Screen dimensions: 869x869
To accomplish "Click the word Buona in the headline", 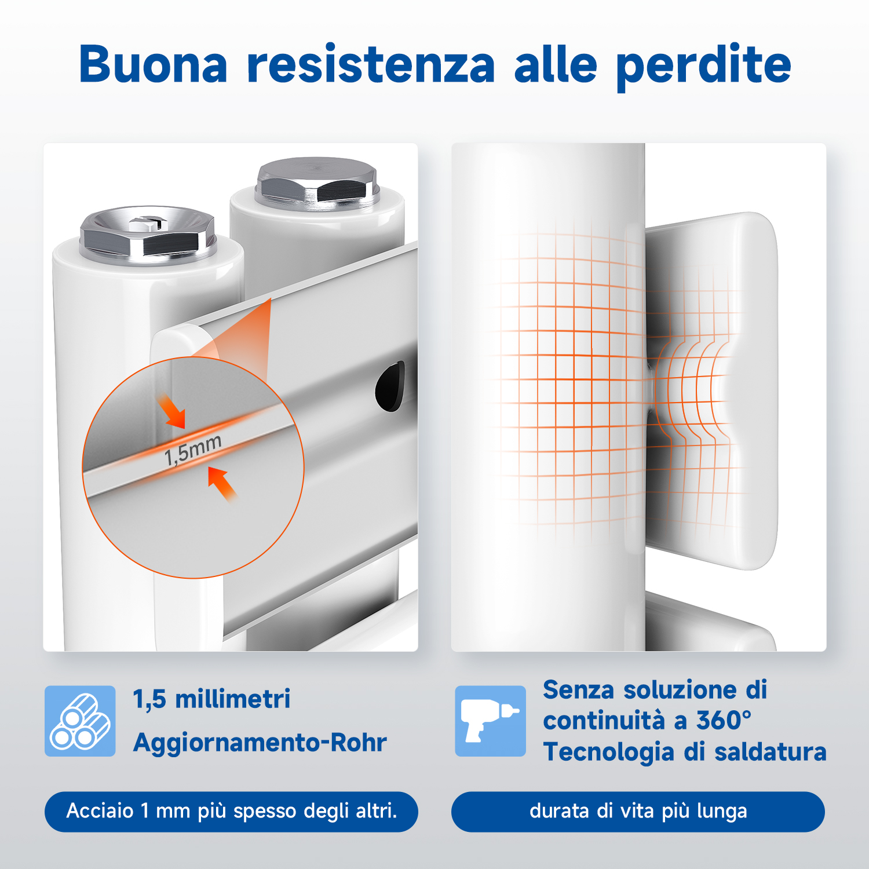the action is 154,64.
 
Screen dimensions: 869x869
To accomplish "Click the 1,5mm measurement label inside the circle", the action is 193,450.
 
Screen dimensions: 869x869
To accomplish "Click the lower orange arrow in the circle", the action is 222,484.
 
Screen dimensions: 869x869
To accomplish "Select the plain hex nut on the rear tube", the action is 317,181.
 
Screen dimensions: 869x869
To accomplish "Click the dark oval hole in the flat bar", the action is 390,385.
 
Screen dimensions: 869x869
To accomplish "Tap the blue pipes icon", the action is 80,721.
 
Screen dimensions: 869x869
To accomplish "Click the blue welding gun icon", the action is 490,721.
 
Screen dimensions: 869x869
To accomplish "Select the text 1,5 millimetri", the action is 212,699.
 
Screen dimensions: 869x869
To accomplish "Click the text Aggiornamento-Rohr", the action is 260,742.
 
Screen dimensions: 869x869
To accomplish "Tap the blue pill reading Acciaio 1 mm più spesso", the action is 231,811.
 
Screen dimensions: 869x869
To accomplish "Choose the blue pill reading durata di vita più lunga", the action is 638,811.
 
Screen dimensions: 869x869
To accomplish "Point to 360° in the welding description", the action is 724,721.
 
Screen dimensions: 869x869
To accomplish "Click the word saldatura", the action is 770,752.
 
